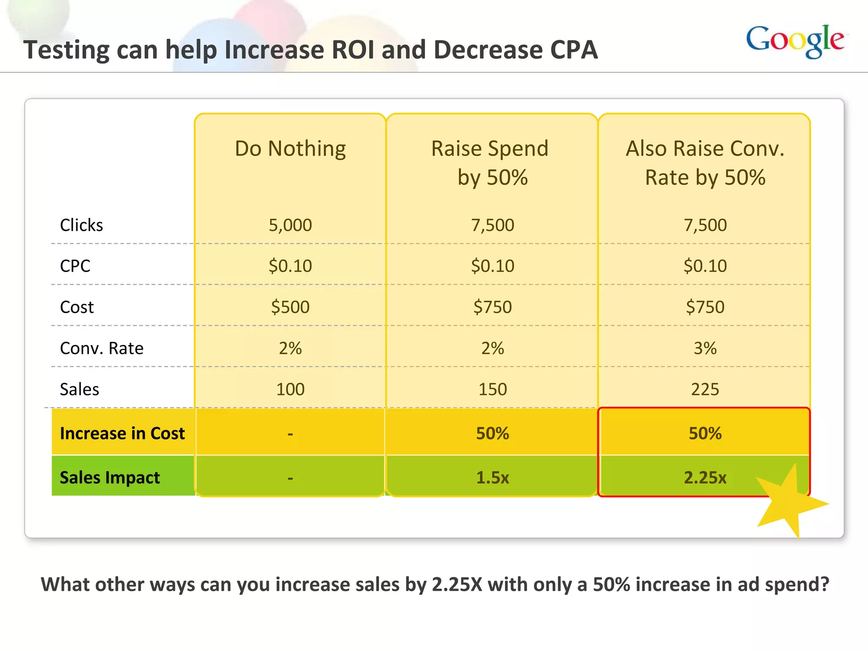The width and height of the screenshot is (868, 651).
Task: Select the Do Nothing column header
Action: (290, 149)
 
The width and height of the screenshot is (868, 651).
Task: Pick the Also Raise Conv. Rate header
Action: (705, 163)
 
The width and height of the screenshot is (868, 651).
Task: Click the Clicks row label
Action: (81, 225)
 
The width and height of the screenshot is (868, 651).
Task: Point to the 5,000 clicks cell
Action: (290, 225)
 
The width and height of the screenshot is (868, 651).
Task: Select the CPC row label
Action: (75, 266)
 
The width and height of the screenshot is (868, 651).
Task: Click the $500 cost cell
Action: (290, 307)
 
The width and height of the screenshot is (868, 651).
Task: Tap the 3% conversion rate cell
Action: (705, 348)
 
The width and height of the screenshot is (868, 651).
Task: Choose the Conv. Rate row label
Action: (102, 348)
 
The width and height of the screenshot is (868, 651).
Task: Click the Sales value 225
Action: (705, 389)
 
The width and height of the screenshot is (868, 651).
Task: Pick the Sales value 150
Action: (492, 389)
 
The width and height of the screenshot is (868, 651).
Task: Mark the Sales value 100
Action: (290, 389)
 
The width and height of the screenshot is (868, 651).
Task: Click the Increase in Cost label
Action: (122, 433)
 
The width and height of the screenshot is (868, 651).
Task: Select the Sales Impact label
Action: (110, 478)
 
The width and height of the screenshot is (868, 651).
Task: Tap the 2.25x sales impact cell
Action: (705, 478)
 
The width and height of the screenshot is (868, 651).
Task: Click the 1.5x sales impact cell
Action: (492, 478)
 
